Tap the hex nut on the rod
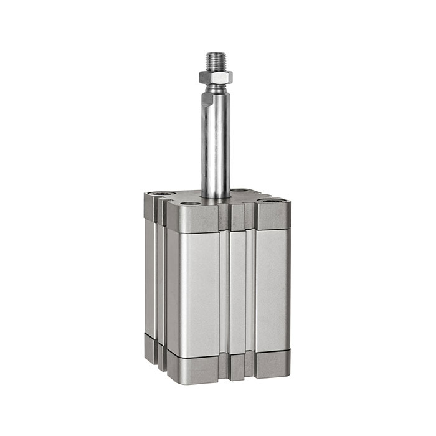(x=216, y=77)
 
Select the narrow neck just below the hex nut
(x=216, y=87)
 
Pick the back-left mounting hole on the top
(x=161, y=194)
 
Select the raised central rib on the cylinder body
(x=237, y=290)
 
